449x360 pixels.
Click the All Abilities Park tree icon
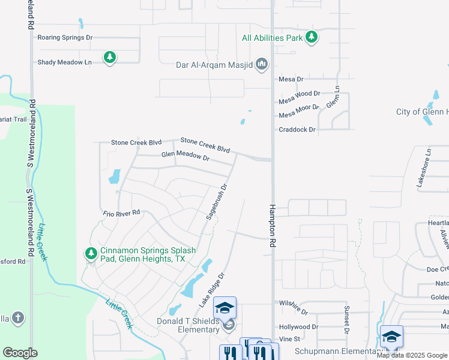click(x=311, y=38)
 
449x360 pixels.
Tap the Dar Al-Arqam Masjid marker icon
click(x=261, y=64)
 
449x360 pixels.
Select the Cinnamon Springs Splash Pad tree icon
click(x=91, y=254)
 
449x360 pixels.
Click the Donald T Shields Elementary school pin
click(x=225, y=308)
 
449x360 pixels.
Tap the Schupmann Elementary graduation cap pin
click(x=391, y=337)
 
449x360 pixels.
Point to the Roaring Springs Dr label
click(x=65, y=37)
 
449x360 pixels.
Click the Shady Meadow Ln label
click(x=64, y=62)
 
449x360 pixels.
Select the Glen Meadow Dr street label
click(x=185, y=157)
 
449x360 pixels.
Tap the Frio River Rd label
click(x=121, y=212)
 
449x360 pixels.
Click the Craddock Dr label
click(x=297, y=130)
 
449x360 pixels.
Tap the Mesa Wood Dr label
click(x=300, y=94)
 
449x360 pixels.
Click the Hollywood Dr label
click(x=298, y=327)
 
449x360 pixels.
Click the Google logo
click(x=20, y=353)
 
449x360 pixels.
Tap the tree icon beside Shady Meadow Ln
click(x=109, y=58)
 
